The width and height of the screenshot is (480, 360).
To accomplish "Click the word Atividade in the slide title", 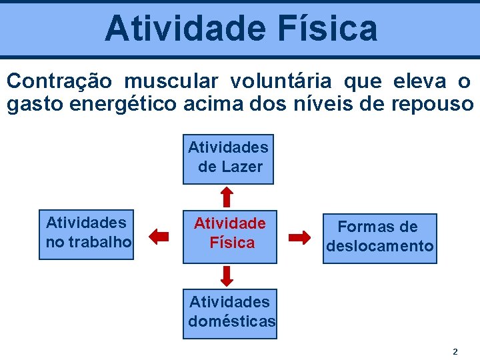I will pos(171,28).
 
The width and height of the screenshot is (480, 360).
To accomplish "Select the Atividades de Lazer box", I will pos(228,157).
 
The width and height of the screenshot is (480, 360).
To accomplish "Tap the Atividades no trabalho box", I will pos(88,232).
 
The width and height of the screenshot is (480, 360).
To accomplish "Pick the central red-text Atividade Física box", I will pos(230,233).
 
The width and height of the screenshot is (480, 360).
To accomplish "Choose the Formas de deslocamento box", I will pos(379,237).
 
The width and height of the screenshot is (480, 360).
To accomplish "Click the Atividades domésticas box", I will pos(230,312).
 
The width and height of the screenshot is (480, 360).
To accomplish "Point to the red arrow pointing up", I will pos(227,196).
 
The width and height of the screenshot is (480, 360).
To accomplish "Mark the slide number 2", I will pos(455,351).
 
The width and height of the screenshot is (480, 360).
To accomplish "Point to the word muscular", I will pos(171,81).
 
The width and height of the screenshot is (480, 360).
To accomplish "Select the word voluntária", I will pos(281,81).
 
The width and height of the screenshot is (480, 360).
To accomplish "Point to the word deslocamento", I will pos(379,246).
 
